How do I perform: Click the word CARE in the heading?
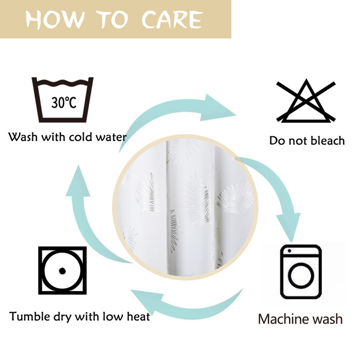172,20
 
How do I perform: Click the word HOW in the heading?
55,20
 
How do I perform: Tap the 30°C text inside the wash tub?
64,102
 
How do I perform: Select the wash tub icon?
62,100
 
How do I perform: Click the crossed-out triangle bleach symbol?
306,101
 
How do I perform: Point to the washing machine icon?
301,272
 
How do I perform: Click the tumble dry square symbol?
62,271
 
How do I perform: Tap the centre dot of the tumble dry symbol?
62,271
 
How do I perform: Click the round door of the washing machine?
301,275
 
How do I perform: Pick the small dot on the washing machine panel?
289,251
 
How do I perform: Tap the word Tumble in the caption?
30,316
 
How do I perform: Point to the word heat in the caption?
138,316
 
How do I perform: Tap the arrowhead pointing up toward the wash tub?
78,182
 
